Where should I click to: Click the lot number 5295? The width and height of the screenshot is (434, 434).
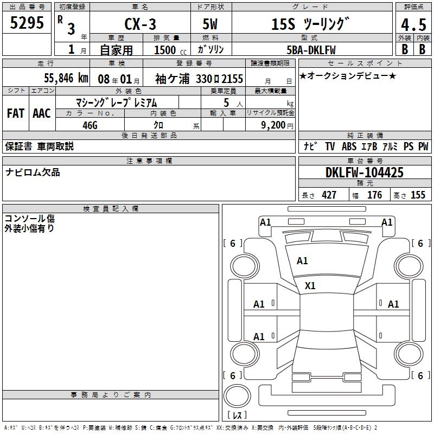point(27,22)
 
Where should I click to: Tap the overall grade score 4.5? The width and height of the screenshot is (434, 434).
point(413,25)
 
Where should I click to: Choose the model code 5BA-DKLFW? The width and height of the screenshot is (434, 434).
point(311,49)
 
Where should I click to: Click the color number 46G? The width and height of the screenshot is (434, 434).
point(90,124)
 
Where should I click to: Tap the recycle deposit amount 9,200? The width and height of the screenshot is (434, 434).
point(273,125)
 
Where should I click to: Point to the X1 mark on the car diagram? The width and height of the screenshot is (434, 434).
point(310,285)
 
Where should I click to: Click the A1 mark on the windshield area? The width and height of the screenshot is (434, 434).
point(302,261)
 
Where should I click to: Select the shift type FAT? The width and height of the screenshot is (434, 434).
point(15,113)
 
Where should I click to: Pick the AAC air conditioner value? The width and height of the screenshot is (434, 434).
point(42,113)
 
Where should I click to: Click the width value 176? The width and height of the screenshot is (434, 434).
point(374,195)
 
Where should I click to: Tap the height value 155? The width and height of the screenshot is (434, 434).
point(418,195)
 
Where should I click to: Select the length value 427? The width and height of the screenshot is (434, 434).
point(329,195)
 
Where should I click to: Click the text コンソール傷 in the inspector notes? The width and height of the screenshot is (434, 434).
point(29,218)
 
